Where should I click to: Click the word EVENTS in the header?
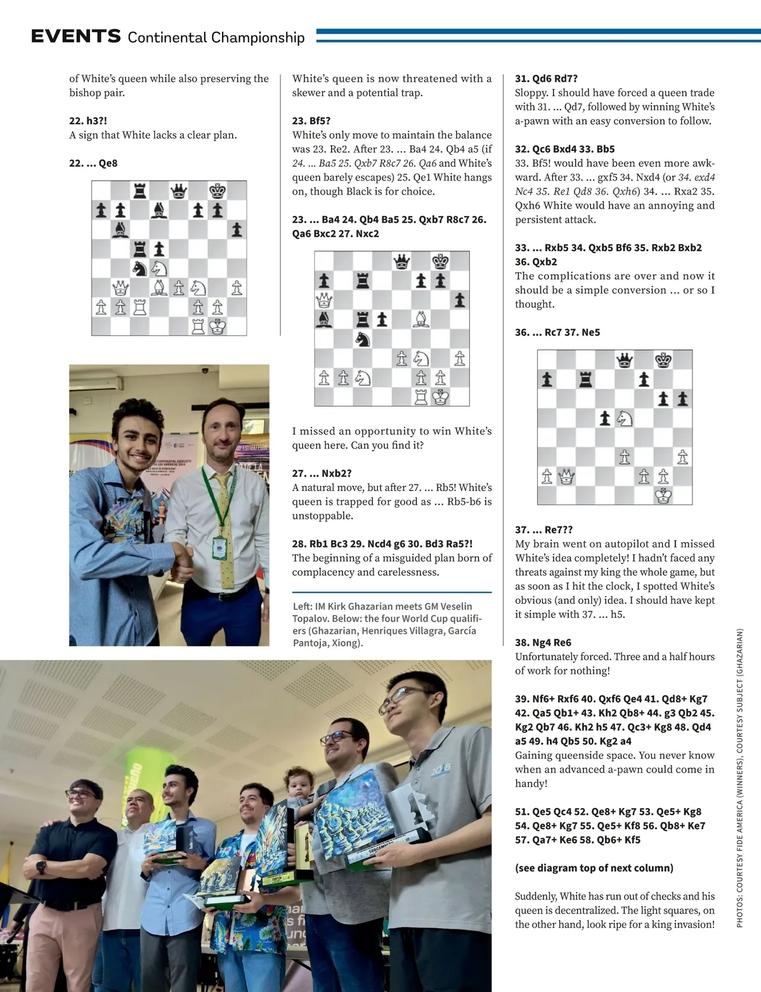[75, 36]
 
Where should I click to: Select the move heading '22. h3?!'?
[88, 121]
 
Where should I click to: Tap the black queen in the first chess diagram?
[178, 190]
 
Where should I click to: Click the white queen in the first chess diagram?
[120, 289]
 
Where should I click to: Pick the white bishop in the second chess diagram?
[420, 319]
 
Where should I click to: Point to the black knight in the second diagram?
[362, 339]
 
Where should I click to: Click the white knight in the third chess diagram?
[625, 418]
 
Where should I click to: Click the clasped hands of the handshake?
[183, 558]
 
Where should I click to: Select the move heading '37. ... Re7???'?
[543, 530]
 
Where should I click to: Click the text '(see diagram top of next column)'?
[594, 868]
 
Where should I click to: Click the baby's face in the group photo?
[296, 781]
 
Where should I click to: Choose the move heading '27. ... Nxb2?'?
[322, 473]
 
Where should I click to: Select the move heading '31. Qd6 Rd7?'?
[546, 79]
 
